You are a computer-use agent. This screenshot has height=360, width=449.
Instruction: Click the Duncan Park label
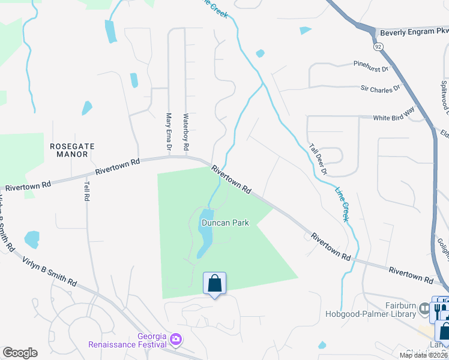tap(225, 223)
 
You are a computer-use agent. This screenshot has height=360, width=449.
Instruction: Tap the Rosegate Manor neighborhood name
tap(69, 149)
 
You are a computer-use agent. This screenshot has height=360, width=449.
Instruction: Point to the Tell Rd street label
tap(87, 191)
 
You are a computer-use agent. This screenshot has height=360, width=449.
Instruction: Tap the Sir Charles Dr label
tap(379, 89)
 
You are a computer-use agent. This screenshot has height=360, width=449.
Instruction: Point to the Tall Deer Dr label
tap(318, 158)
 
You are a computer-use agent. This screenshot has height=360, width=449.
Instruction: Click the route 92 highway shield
tap(378, 46)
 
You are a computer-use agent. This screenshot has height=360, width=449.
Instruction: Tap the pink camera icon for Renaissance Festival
tap(175, 340)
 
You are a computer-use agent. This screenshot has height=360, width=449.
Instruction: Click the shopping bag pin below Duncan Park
tap(215, 283)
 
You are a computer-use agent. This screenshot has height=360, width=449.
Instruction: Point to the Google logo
tap(20, 353)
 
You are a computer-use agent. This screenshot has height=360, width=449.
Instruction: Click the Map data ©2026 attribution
tap(424, 355)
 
